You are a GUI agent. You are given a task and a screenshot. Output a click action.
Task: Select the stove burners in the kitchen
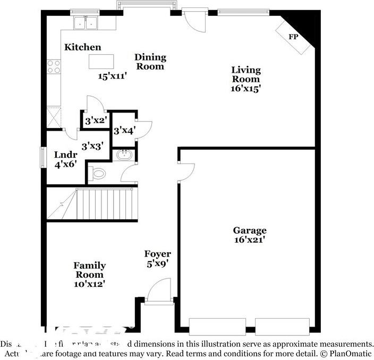click(54, 66)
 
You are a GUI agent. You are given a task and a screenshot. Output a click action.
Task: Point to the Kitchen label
click(82, 47)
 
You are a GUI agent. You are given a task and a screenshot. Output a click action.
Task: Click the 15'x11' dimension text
click(113, 76)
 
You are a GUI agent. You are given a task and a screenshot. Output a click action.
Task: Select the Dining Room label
click(150, 62)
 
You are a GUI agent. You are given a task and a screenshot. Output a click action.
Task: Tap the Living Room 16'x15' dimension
click(245, 89)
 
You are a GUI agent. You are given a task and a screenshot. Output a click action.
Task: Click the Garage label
click(250, 230)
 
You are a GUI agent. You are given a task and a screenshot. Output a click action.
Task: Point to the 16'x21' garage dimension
click(250, 240)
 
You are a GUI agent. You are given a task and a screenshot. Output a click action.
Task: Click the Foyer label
click(158, 254)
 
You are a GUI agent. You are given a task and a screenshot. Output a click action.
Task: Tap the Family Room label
click(89, 270)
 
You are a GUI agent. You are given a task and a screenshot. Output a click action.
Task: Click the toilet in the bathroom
click(98, 173)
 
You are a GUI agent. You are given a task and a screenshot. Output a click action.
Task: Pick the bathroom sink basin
click(125, 155)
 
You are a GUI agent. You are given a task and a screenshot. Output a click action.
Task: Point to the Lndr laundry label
click(66, 155)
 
